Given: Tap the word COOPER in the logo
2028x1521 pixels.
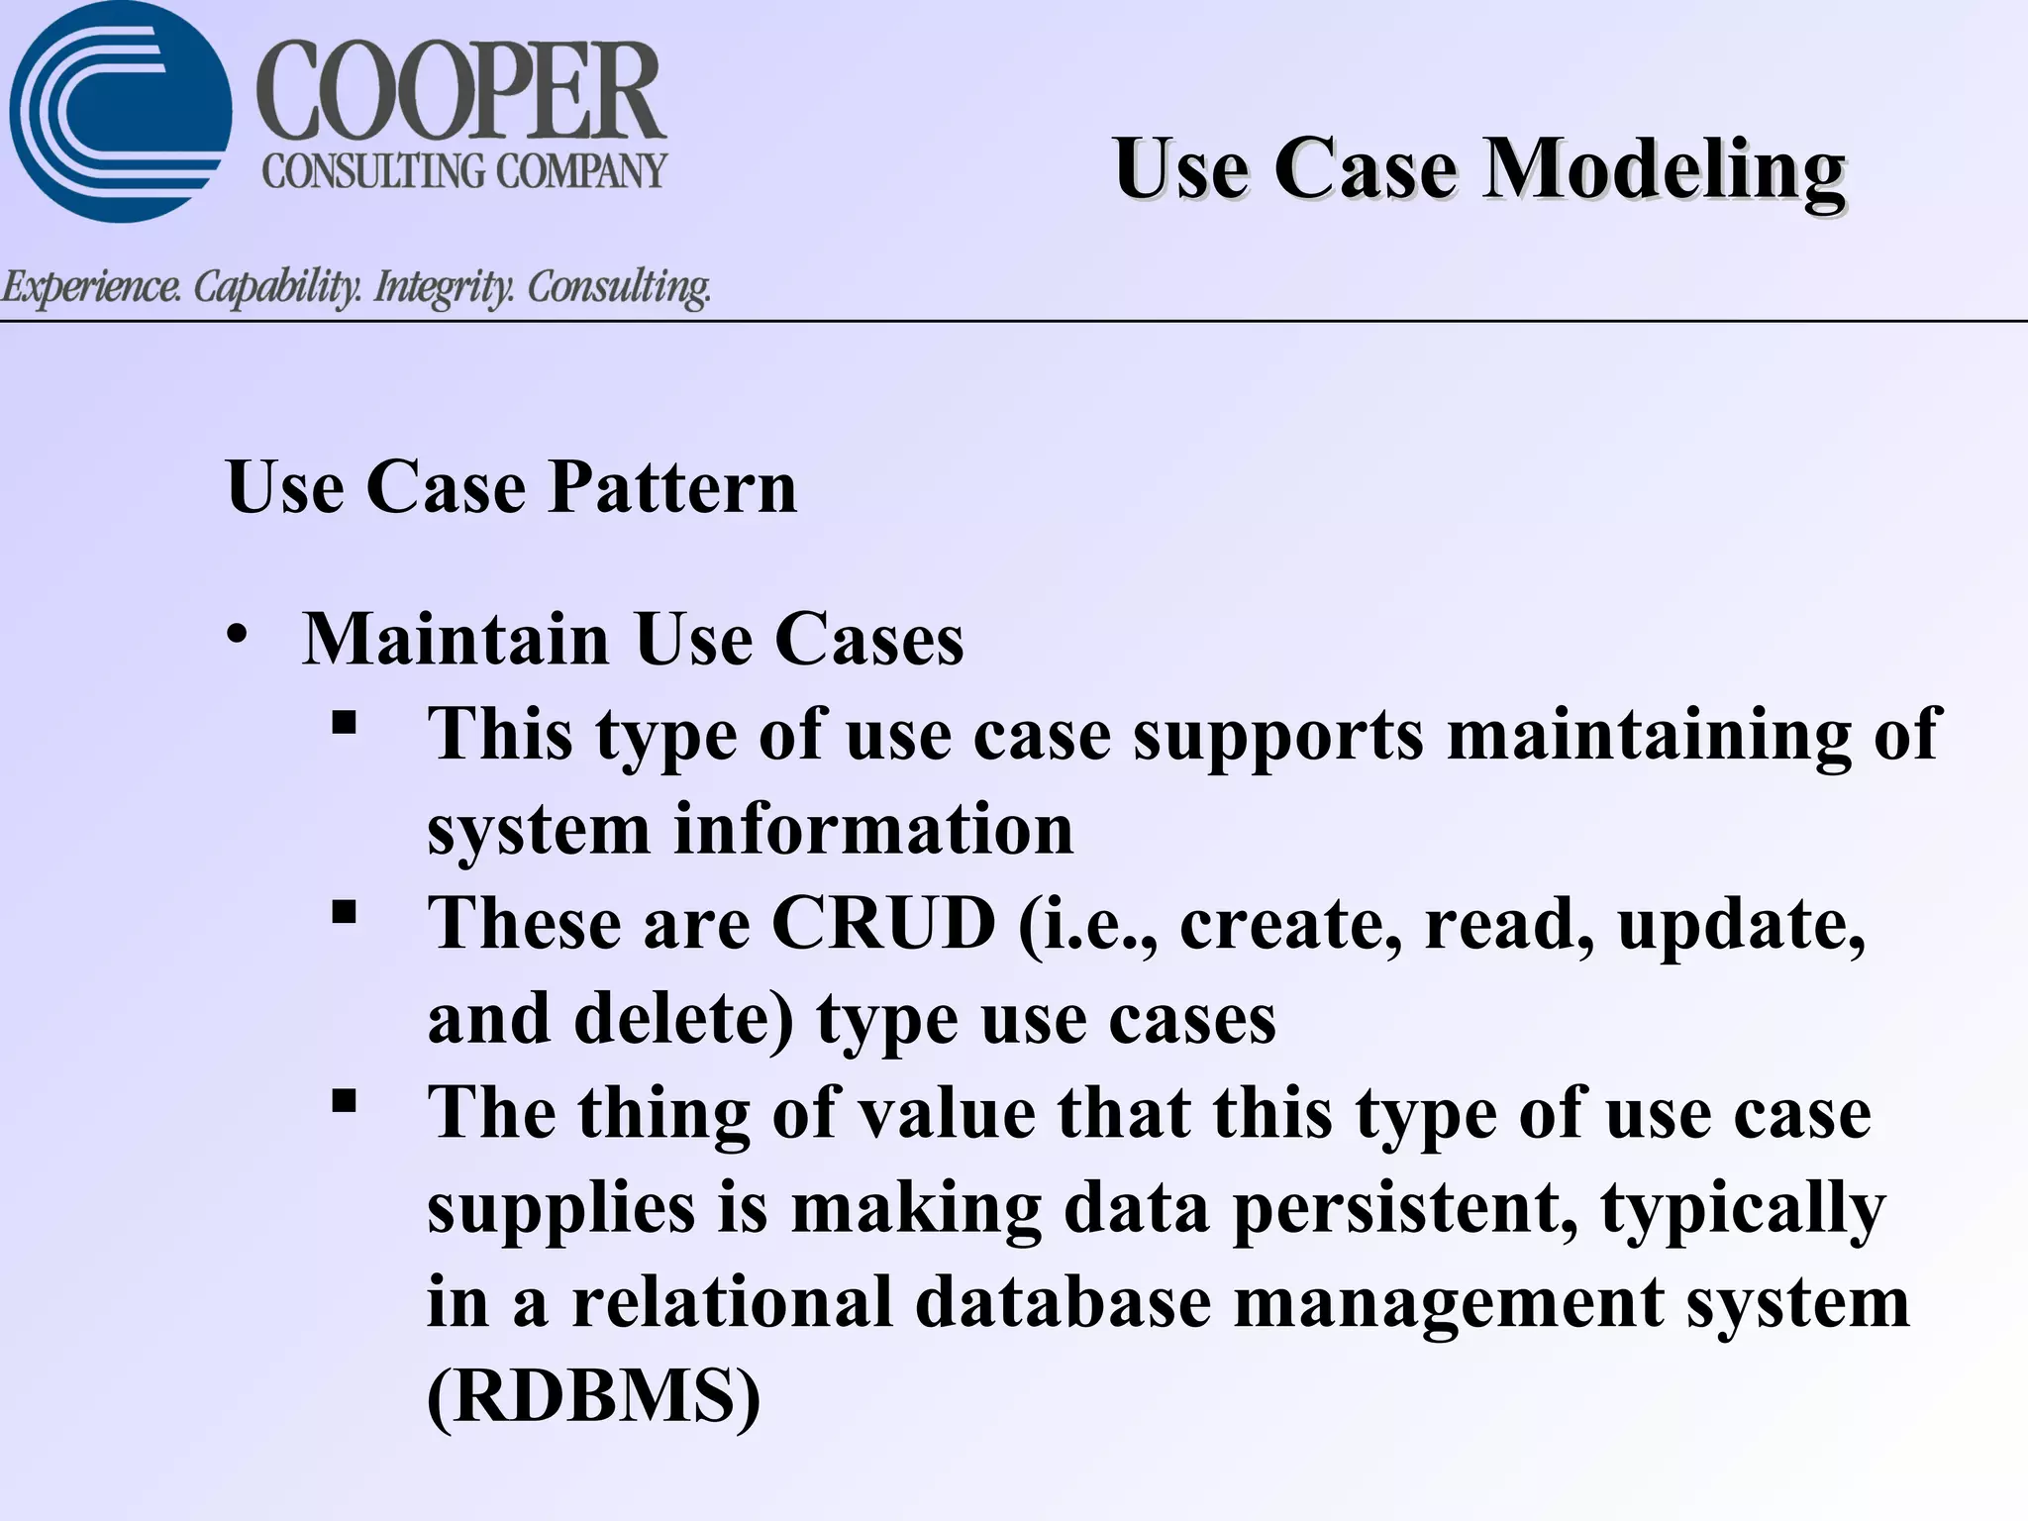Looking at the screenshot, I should coord(461,94).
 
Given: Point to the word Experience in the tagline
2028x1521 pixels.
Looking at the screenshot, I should coord(91,287).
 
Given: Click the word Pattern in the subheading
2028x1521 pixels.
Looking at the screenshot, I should coord(672,487).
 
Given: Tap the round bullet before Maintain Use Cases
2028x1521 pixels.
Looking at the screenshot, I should coord(236,635).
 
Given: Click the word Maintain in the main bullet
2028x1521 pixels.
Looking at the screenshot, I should coord(456,639).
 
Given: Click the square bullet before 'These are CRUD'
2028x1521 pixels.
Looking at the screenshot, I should coord(344,911).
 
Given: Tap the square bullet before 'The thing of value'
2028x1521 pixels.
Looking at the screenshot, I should coord(344,1100).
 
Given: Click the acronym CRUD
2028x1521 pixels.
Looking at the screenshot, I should coord(883,923).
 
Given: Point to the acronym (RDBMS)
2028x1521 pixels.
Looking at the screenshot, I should coord(594,1396).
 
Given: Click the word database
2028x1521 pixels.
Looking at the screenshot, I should coord(1063,1301).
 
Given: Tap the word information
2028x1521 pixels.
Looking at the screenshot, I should coord(873,829).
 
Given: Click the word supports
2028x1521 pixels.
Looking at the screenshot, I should coord(1278,735).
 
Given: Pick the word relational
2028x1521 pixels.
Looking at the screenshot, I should coord(733,1301).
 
